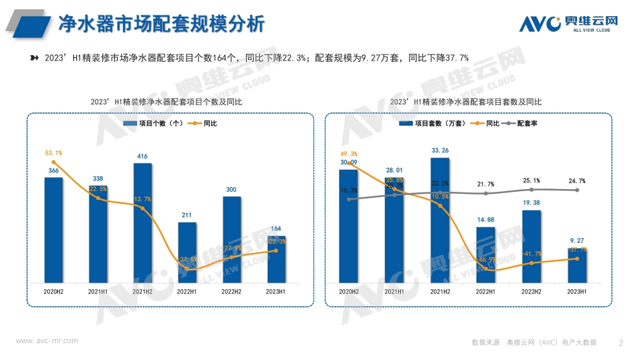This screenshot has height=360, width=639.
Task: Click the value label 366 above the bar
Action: point(54,172)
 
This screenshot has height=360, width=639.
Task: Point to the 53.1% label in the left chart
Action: point(54,153)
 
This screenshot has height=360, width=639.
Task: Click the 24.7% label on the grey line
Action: point(577,181)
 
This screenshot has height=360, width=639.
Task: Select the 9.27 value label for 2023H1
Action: point(577,240)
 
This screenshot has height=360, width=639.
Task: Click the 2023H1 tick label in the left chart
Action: point(276,291)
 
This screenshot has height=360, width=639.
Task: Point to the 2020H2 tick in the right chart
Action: point(348,291)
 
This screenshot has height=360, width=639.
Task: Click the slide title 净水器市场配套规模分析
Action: point(161,24)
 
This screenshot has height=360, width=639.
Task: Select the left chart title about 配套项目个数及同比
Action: point(165,102)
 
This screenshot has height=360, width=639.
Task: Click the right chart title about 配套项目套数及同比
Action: point(465,102)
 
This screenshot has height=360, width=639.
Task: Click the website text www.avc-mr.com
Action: point(46,340)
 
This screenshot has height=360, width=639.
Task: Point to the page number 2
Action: point(620,343)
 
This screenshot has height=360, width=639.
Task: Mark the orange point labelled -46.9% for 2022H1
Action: point(486,269)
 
